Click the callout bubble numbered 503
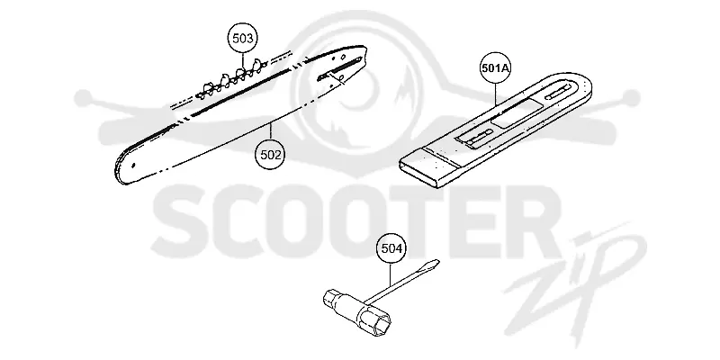[242, 39]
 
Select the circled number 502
[270, 154]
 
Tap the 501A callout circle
[496, 68]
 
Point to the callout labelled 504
[391, 248]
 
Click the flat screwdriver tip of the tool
[432, 265]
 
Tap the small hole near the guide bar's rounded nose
[133, 166]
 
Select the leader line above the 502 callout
[271, 131]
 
